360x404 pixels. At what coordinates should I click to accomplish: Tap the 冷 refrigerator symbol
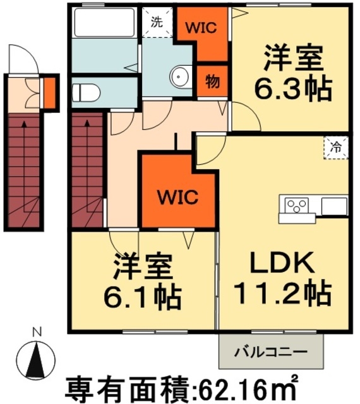(335, 148)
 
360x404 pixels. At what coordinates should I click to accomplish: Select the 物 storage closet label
(212, 81)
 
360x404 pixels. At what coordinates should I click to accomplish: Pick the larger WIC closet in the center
(177, 196)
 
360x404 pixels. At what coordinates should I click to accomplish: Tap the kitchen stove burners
(297, 205)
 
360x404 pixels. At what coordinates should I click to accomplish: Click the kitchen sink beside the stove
(333, 206)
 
